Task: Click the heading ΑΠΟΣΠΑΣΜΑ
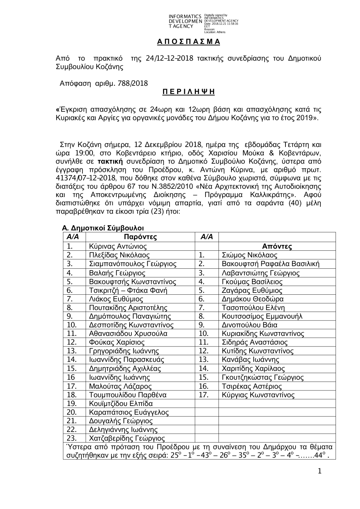point(188,42)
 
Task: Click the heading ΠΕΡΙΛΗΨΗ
point(188,92)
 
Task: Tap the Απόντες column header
point(277,246)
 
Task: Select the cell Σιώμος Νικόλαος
point(249,255)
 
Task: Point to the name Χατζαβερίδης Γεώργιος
point(127,438)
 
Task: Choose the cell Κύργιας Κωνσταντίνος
point(258,395)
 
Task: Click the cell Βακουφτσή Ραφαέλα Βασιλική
point(271,264)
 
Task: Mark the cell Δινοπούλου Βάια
point(249,325)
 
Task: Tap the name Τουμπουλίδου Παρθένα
point(127,395)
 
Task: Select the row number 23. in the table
point(72,438)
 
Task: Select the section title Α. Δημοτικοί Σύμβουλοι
point(103,228)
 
